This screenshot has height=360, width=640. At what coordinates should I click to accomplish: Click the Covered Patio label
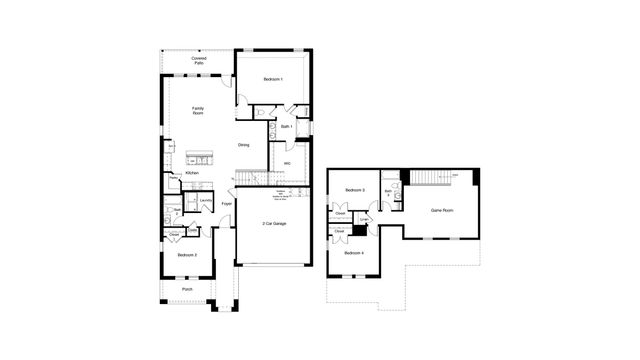pyautogui.click(x=199, y=61)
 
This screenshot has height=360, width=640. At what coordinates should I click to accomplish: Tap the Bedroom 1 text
pyautogui.click(x=273, y=79)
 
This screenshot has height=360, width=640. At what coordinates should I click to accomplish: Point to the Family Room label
pyautogui.click(x=199, y=110)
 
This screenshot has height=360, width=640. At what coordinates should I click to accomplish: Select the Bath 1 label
pyautogui.click(x=285, y=127)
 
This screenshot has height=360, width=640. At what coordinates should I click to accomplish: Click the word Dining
pyautogui.click(x=243, y=145)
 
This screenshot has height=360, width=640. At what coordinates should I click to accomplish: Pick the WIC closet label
pyautogui.click(x=287, y=164)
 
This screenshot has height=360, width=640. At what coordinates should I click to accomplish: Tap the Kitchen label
pyautogui.click(x=192, y=174)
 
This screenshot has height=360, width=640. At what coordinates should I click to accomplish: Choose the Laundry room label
pyautogui.click(x=204, y=200)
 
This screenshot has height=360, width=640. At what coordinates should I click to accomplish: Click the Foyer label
pyautogui.click(x=227, y=205)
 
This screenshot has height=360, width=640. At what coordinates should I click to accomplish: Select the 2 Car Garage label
pyautogui.click(x=274, y=223)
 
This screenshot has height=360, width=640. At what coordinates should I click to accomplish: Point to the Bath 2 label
pyautogui.click(x=177, y=211)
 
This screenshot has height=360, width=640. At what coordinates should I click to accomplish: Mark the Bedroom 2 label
pyautogui.click(x=187, y=255)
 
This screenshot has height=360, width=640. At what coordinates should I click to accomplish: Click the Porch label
pyautogui.click(x=187, y=290)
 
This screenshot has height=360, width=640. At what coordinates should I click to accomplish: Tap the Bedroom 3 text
pyautogui.click(x=355, y=190)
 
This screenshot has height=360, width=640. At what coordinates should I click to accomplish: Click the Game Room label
pyautogui.click(x=442, y=211)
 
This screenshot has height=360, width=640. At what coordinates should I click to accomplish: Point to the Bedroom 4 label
pyautogui.click(x=355, y=253)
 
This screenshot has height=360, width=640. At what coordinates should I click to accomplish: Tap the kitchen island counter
pyautogui.click(x=200, y=159)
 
